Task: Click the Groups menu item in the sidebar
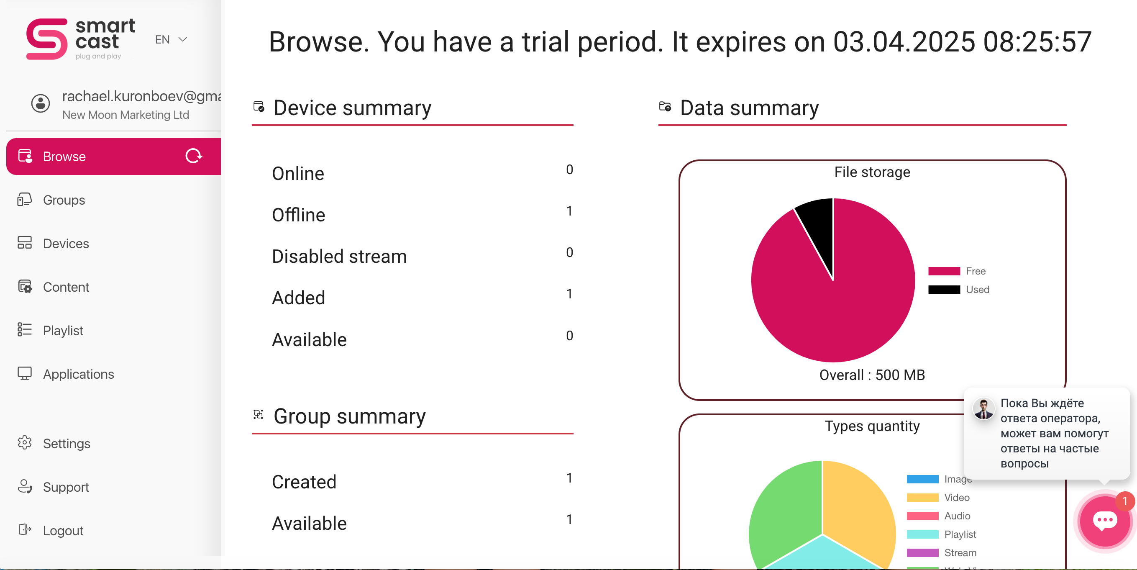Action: (64, 200)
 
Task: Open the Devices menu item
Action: (66, 244)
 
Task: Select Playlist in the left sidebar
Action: (63, 331)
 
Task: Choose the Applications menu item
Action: (78, 374)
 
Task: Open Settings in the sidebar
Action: (66, 443)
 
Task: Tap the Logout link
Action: (63, 530)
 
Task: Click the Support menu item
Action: (66, 487)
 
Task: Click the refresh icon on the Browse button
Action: (193, 156)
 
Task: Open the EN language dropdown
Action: (171, 40)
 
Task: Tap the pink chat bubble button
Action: (1104, 521)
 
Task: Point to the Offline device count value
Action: (569, 211)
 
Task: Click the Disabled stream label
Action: (339, 257)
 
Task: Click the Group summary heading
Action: (349, 416)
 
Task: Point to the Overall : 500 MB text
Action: (872, 375)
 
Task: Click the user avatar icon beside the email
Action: (41, 103)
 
